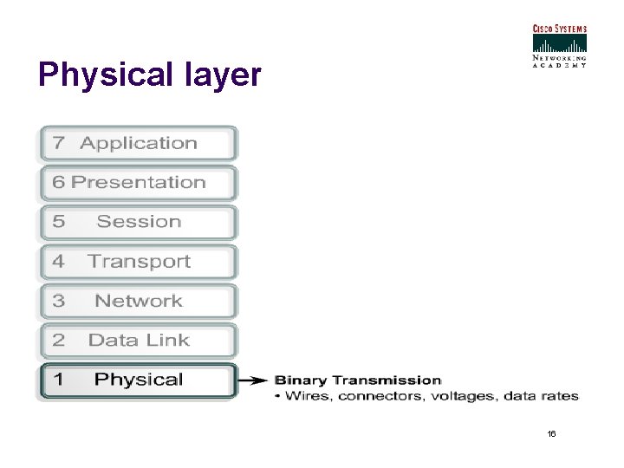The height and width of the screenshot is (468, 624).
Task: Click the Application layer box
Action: [x=139, y=144]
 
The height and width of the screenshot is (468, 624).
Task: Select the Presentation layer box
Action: [x=139, y=183]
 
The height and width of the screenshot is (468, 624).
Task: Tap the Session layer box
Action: [x=139, y=222]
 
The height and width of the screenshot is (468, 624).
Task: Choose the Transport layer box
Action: [x=139, y=262]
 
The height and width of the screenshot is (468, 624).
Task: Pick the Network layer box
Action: [x=139, y=302]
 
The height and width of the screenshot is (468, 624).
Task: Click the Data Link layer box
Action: [x=139, y=341]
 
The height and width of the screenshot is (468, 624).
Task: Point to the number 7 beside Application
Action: [x=58, y=144]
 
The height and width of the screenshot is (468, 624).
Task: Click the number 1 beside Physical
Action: [x=58, y=380]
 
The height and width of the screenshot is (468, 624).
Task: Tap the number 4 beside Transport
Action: [x=58, y=262]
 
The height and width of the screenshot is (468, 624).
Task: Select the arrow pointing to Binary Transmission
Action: [x=252, y=380]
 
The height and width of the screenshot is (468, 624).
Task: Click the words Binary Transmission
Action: [x=358, y=380]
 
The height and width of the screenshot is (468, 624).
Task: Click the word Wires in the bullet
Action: [x=307, y=396]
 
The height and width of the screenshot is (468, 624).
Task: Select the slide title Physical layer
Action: [x=149, y=75]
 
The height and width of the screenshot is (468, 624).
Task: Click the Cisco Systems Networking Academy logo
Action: [x=559, y=45]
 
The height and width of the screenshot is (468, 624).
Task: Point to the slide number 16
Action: [x=552, y=432]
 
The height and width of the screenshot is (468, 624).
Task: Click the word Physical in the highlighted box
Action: [x=139, y=380]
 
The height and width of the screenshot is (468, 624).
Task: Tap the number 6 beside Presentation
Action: [x=58, y=183]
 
